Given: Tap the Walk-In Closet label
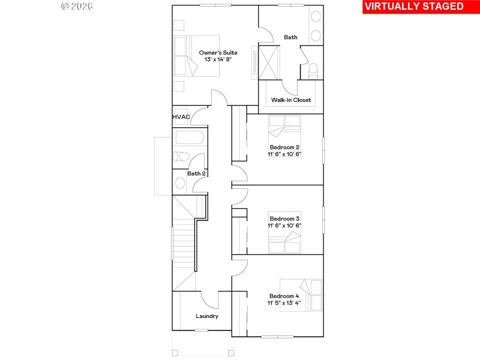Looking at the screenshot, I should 291,100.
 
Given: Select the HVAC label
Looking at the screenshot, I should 181,116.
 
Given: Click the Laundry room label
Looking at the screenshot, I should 207,316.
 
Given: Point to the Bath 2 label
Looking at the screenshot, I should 196,174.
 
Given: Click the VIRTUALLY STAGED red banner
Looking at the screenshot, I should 414,7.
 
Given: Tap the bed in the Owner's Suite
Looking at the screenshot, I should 197,56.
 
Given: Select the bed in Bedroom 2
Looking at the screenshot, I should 284,128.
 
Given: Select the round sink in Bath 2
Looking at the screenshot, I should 180,183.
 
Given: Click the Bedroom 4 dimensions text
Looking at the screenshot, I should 284,304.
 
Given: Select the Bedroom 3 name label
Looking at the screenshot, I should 284,218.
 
